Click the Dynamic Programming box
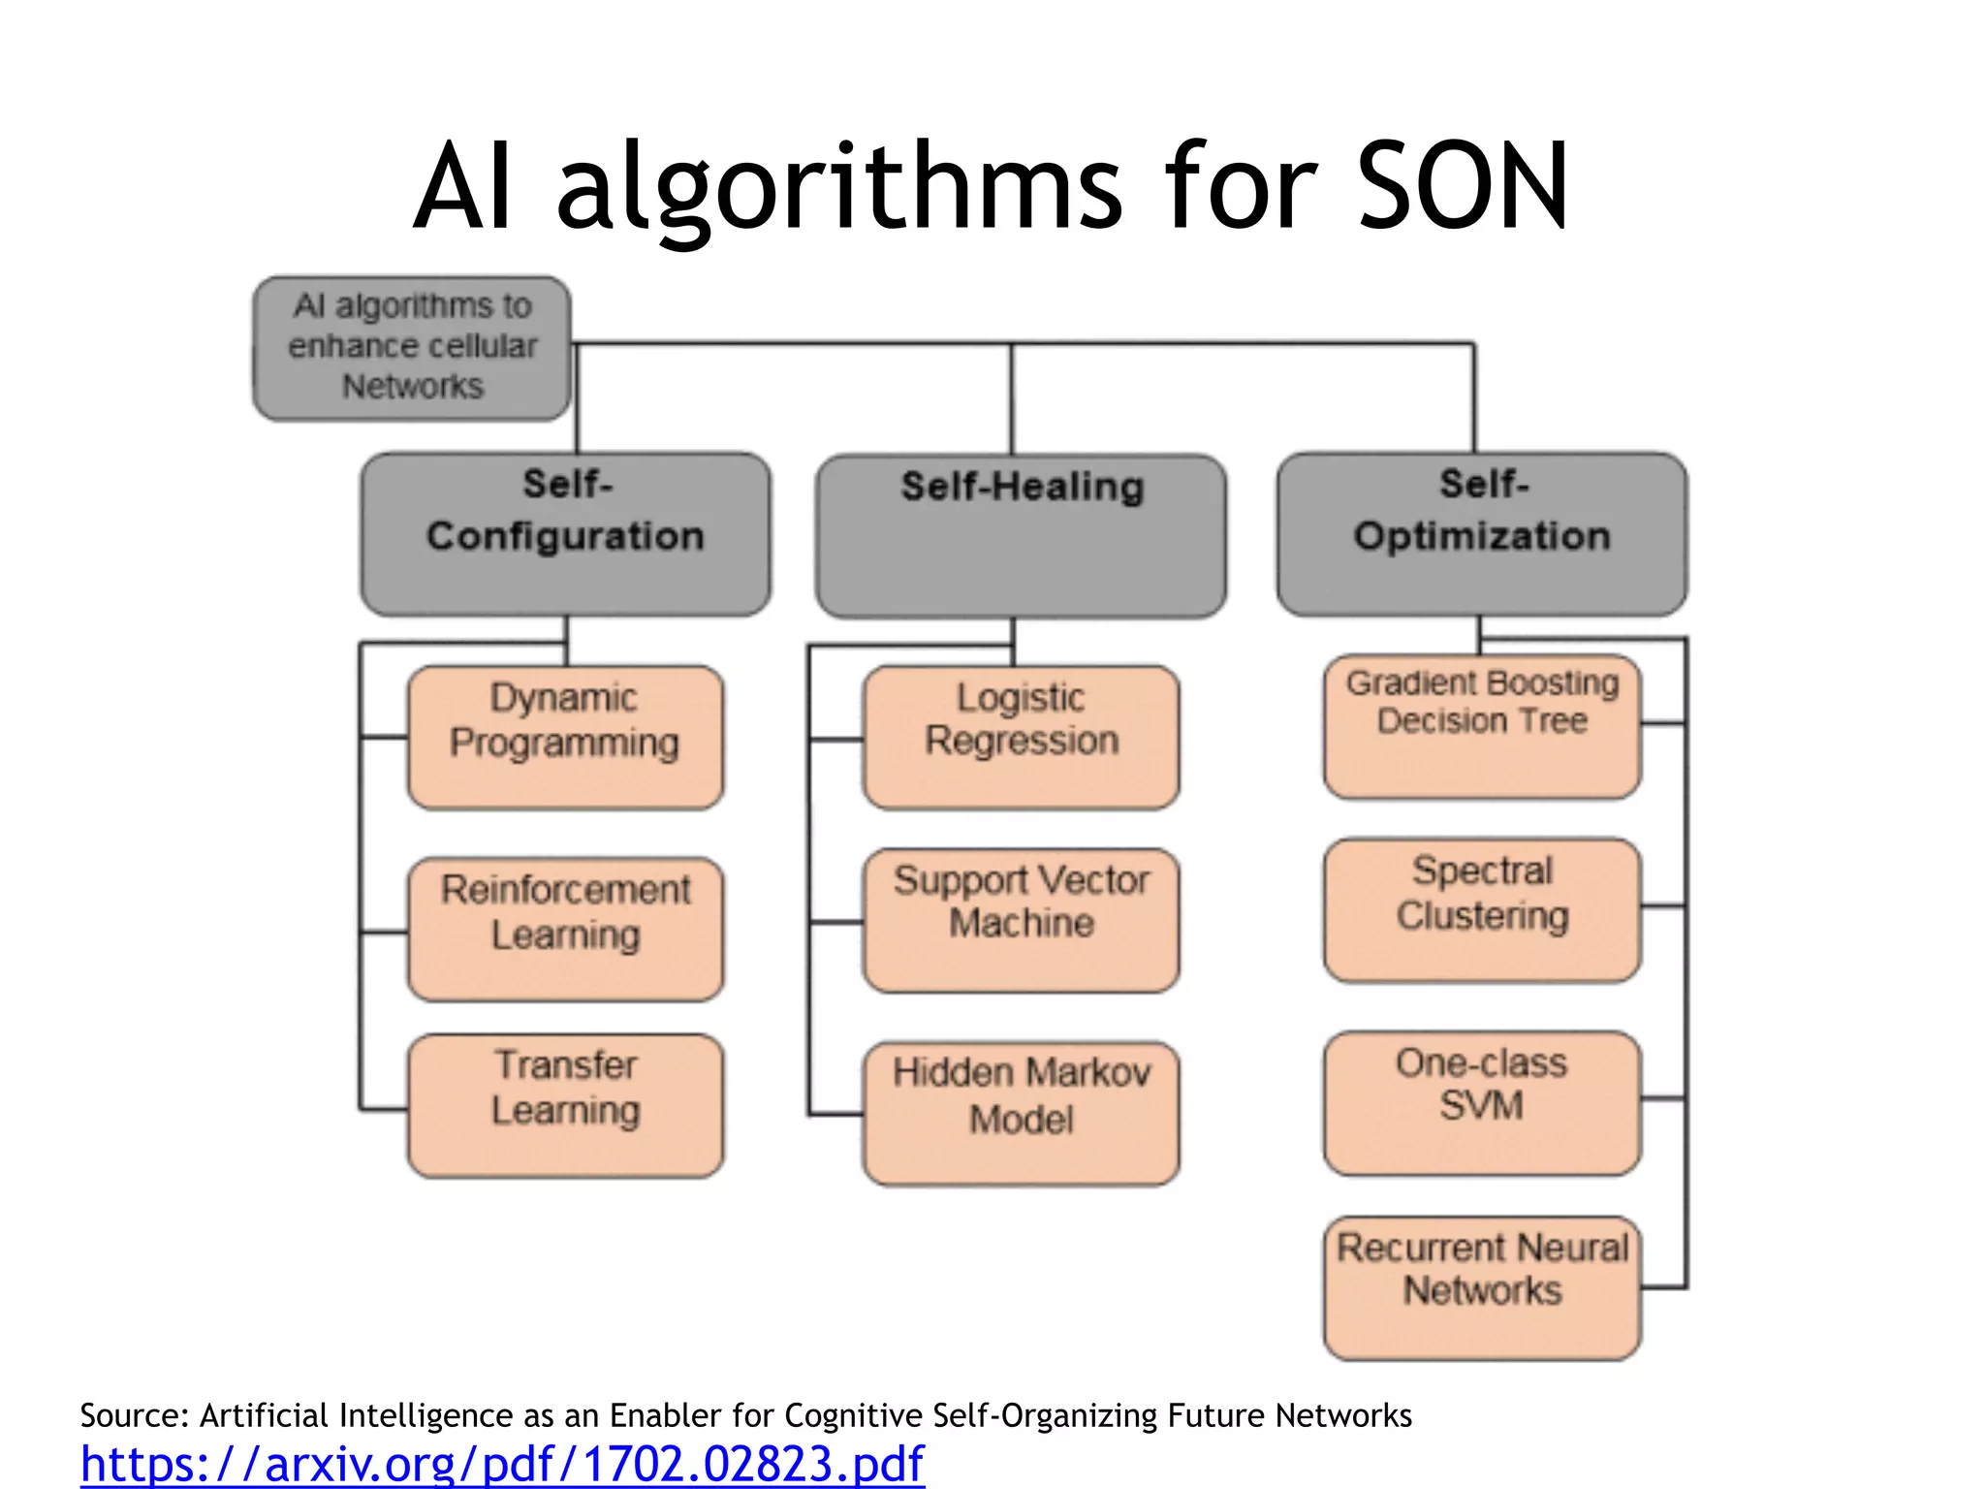coord(565,738)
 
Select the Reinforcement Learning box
coord(565,929)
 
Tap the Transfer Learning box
coord(565,1106)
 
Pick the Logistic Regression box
coord(1021,738)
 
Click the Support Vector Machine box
coord(1021,920)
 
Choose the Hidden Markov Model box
coord(1021,1114)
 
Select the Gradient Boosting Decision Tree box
coord(1482,728)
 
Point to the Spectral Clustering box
coord(1482,910)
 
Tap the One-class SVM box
coord(1482,1103)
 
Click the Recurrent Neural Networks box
coord(1482,1288)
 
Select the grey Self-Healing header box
coord(1021,536)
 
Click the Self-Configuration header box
coord(565,534)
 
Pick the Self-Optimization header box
coord(1482,534)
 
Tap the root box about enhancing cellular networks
coord(412,348)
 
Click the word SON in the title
coord(1461,186)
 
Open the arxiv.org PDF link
coord(502,1463)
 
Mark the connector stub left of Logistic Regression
coord(835,740)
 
